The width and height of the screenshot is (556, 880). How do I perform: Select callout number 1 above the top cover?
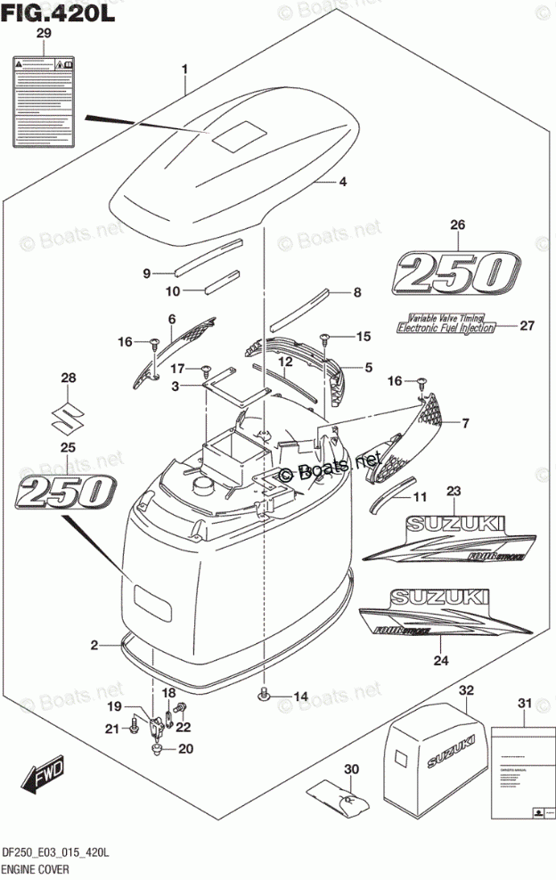point(184,69)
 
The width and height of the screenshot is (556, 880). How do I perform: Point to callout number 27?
point(527,325)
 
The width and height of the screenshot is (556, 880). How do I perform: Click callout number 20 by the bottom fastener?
point(185,748)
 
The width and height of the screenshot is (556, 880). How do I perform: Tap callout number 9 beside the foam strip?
point(148,273)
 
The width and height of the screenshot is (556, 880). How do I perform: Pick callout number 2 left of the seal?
point(94,645)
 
